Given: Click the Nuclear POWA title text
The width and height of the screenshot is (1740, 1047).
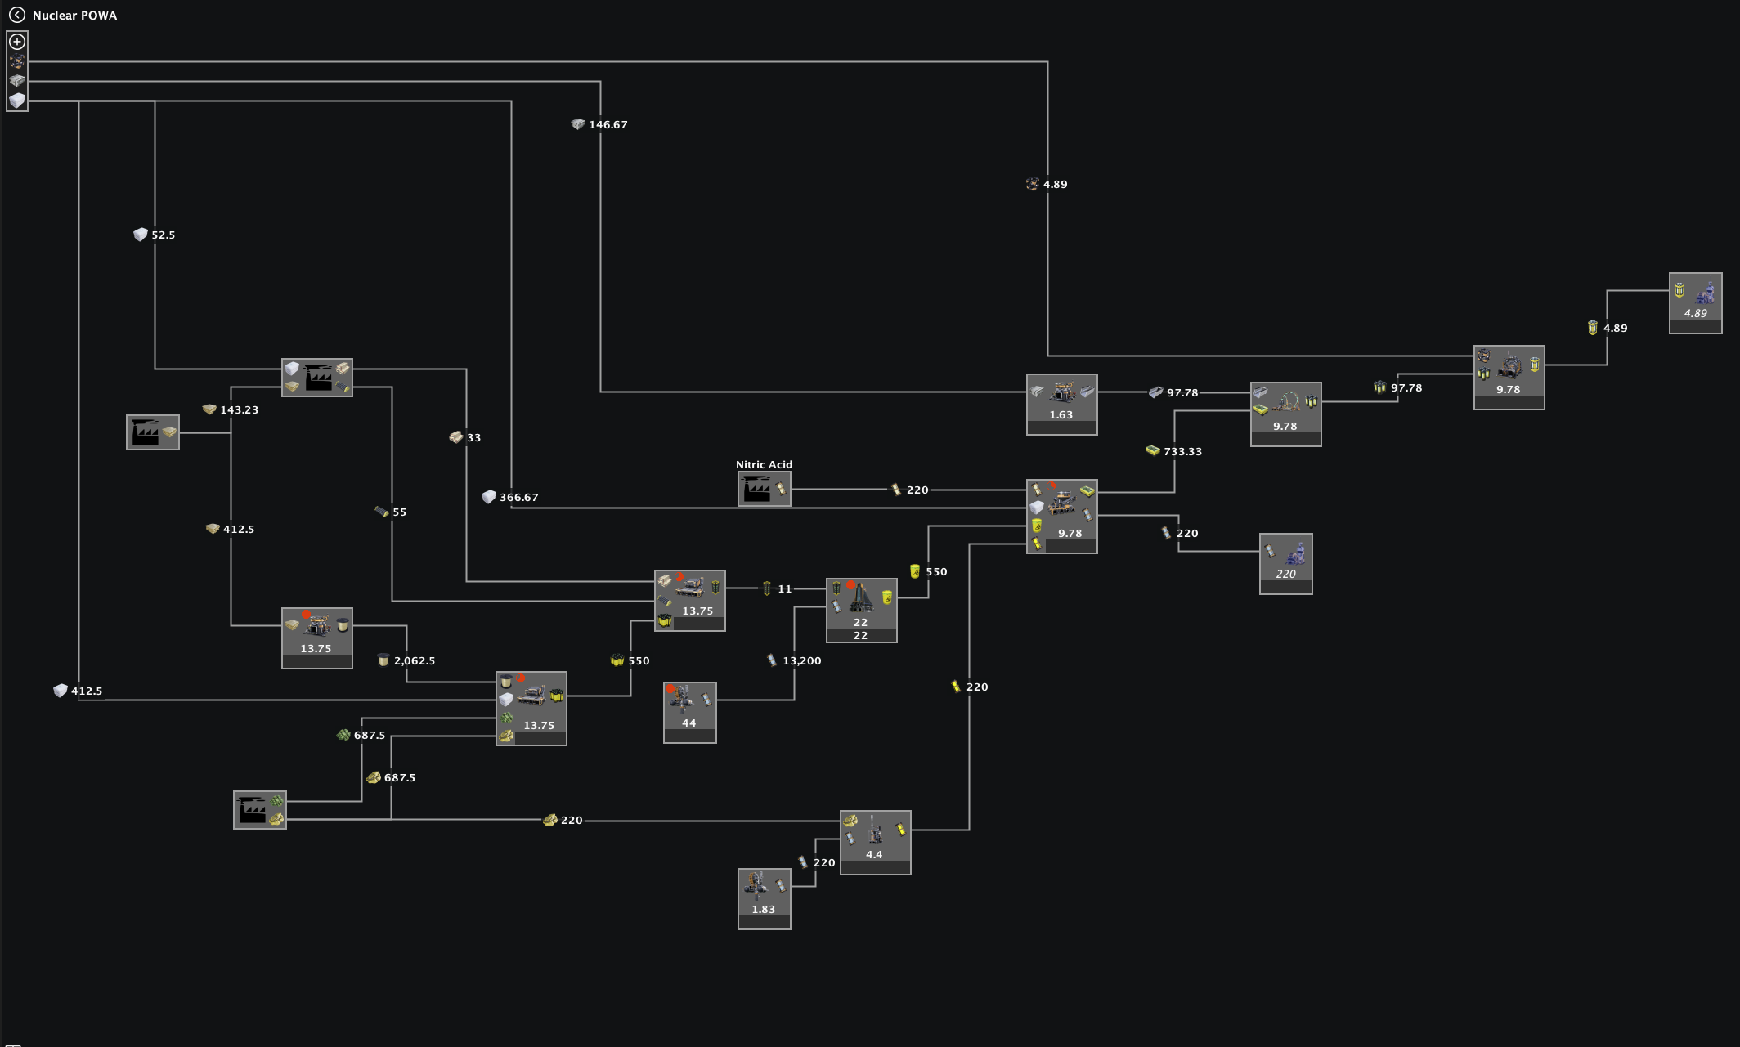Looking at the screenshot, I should click(74, 16).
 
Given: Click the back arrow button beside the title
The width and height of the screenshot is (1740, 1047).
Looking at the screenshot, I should click(16, 15).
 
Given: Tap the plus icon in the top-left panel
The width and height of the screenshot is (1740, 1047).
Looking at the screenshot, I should click(17, 42).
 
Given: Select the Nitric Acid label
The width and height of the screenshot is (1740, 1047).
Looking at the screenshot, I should click(764, 464).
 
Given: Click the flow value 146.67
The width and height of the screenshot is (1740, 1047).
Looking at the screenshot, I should click(608, 125).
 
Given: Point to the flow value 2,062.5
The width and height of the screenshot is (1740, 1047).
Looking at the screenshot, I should click(414, 660).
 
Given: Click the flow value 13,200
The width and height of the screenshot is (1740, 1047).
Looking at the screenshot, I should click(801, 660).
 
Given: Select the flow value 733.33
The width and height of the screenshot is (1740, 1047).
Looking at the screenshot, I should click(1182, 451).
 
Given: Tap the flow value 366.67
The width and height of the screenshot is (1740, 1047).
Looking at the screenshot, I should click(518, 497).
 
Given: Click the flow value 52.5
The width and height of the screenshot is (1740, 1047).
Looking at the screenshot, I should click(163, 235).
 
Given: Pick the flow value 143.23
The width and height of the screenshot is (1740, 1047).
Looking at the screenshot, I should click(239, 409).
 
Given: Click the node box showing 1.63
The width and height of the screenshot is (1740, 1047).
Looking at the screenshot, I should click(1061, 404).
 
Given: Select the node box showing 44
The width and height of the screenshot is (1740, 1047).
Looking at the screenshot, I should click(689, 712).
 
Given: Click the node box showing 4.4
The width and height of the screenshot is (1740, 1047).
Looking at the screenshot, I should click(875, 842).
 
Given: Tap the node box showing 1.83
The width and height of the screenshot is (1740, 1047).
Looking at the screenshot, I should click(764, 897).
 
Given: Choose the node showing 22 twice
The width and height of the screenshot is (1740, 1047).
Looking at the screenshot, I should click(861, 610).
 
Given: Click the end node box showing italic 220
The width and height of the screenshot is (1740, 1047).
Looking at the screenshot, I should click(1285, 563).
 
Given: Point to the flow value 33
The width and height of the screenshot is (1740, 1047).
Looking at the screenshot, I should click(473, 438).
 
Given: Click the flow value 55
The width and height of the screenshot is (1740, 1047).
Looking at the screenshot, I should click(399, 512).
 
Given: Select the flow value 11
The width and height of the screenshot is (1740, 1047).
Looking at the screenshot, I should click(784, 588).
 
